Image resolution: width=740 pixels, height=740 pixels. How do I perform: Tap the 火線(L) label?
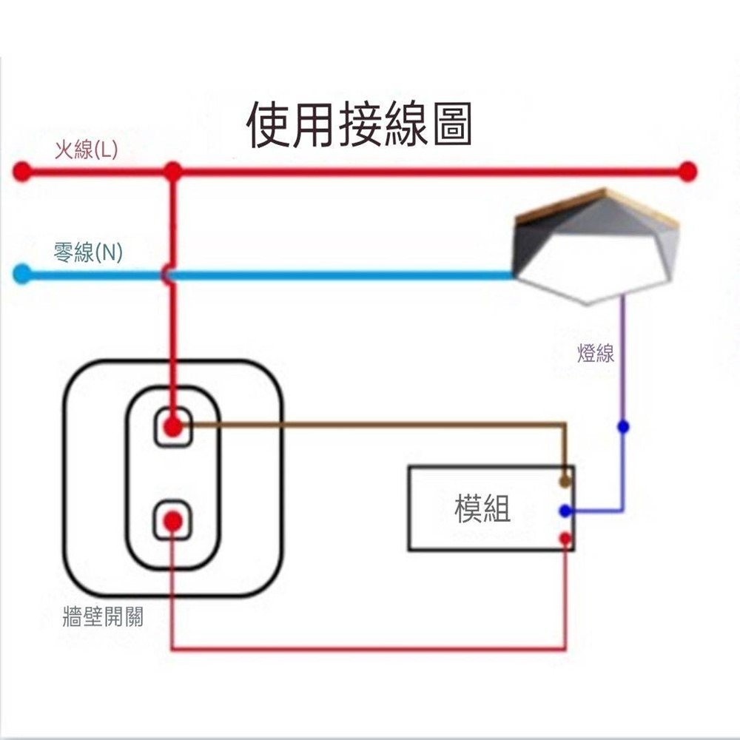(x=86, y=151)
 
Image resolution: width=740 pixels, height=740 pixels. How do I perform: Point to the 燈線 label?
(x=596, y=354)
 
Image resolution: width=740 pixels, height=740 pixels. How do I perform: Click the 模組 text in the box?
(x=482, y=508)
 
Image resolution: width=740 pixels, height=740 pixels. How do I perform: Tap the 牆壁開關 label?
(x=104, y=616)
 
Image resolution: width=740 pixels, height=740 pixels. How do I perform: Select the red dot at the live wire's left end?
(x=22, y=172)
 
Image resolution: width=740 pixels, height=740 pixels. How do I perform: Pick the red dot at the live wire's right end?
(x=687, y=172)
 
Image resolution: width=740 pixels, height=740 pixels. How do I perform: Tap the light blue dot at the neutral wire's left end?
(x=22, y=275)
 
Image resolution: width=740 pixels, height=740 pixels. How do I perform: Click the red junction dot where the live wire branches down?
(x=173, y=172)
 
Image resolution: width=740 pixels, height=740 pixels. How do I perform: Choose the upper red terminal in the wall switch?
(x=173, y=426)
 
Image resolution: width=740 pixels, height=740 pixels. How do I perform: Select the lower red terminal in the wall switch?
(x=173, y=522)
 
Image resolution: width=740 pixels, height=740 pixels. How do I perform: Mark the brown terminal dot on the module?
(x=565, y=482)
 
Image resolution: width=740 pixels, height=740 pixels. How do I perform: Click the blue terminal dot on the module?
(x=565, y=511)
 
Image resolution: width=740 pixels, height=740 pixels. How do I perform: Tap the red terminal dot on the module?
(x=565, y=539)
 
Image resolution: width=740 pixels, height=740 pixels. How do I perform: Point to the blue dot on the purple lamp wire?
(x=623, y=426)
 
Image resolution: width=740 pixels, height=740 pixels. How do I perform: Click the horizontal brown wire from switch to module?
(x=370, y=425)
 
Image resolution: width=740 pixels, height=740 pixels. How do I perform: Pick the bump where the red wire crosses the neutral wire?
(x=168, y=275)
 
